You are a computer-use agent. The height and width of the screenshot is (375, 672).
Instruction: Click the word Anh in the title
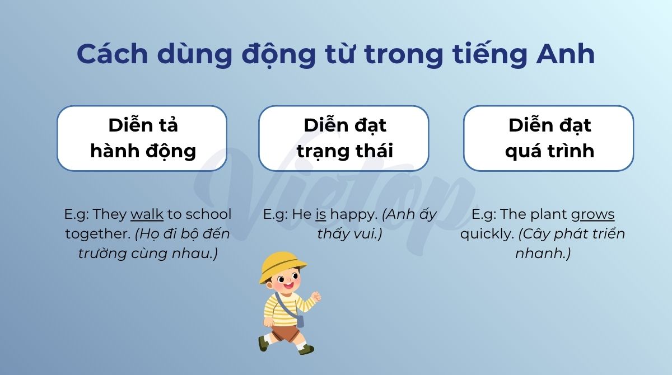click(565, 54)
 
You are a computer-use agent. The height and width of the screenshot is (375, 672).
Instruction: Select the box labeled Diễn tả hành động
click(142, 138)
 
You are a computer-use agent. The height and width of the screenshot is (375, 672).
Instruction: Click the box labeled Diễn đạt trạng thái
click(344, 138)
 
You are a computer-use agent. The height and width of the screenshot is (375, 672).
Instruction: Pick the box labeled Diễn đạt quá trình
click(548, 138)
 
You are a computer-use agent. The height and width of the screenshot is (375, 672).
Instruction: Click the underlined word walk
click(147, 214)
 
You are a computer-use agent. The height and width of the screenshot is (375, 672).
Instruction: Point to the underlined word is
click(321, 214)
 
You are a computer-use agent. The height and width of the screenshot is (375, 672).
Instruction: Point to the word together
click(98, 235)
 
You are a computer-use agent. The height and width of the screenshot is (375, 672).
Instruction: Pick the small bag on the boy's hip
click(300, 321)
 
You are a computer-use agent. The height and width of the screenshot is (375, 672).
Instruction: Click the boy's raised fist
click(316, 296)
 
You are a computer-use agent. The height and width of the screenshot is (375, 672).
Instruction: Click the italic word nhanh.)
click(543, 254)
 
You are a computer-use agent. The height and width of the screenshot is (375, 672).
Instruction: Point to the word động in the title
click(279, 54)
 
